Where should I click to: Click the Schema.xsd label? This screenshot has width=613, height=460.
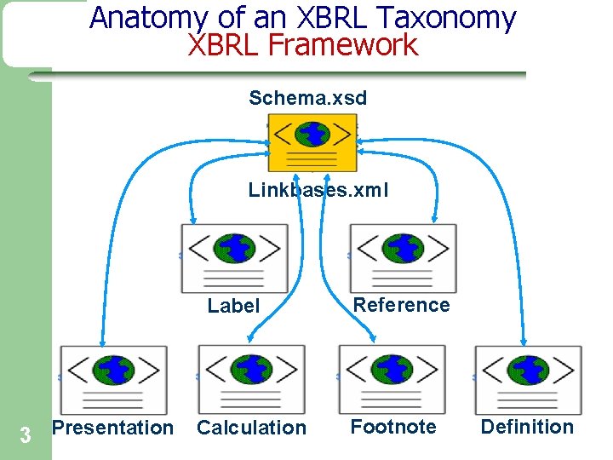308,98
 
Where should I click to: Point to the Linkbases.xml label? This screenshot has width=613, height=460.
318,190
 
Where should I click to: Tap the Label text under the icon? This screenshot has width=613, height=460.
233,306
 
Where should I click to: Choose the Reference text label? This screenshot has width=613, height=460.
401,305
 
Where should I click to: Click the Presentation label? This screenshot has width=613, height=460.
112,428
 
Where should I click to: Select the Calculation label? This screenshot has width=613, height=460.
251,428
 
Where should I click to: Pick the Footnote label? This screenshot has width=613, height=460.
393,427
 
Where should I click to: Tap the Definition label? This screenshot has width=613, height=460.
527,427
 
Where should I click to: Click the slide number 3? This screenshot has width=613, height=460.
26,436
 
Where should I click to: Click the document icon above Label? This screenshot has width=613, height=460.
234,258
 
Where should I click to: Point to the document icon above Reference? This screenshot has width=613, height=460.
403,258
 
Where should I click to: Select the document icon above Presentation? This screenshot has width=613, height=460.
113,379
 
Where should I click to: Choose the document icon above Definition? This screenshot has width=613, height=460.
528,379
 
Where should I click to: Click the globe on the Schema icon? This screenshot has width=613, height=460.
314,133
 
